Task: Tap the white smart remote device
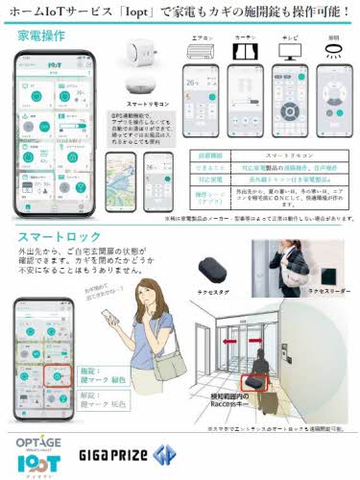(147, 68)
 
